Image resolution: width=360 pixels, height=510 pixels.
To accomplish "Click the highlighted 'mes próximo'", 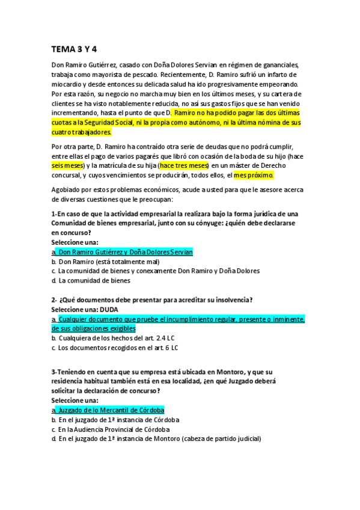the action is pos(254,176).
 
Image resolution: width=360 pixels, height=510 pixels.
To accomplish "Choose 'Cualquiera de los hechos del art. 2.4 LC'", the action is pos(118,338).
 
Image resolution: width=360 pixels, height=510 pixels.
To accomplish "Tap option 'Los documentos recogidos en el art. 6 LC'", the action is pos(118,348).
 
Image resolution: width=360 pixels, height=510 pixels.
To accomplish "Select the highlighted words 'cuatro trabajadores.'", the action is pos(81,132).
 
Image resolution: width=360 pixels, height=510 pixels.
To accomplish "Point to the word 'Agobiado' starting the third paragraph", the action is pos(67,190).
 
